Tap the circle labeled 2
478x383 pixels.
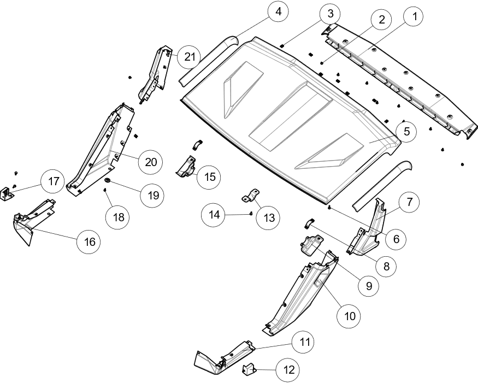pos(381,20)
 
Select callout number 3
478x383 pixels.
pos(331,14)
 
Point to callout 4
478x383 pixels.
pos(279,11)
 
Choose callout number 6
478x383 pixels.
pos(397,239)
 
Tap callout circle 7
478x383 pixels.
pos(409,202)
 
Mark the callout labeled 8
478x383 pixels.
pos(386,267)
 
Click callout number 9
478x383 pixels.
pos(369,285)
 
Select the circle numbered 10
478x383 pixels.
pos(350,316)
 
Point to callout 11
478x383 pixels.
pos(305,343)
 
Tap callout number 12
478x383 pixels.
pos(288,370)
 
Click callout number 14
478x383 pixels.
pos(214,215)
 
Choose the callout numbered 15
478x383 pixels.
pos(210,177)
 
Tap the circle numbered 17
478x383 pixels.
pos(54,181)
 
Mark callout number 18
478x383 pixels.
pos(119,217)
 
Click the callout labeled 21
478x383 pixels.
pos(190,57)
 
